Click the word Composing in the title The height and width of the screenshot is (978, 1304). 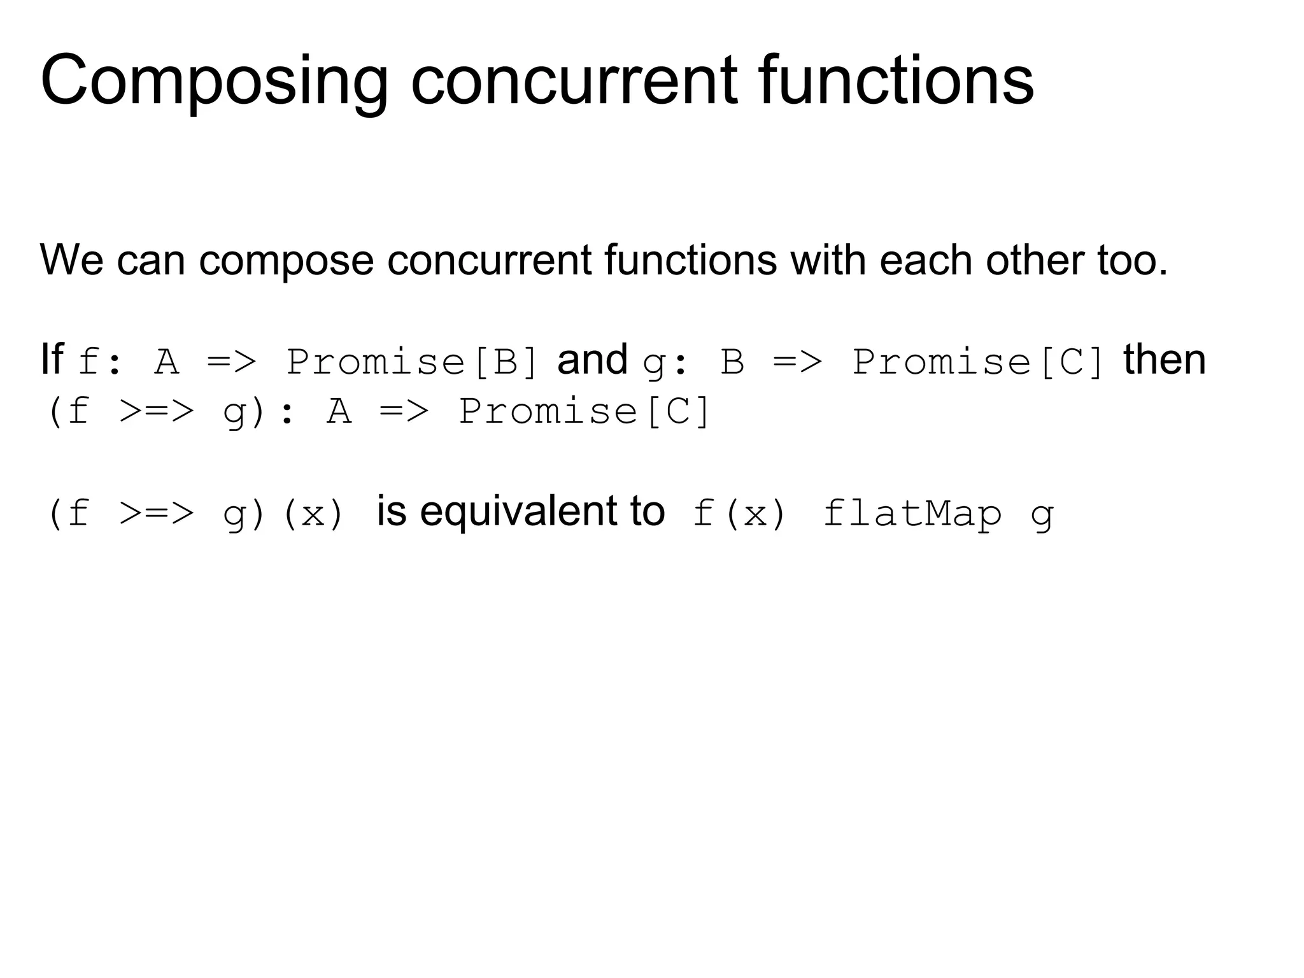[x=214, y=81]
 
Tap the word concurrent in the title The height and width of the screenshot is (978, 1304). [x=574, y=81]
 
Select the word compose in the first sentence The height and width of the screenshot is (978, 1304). [x=286, y=260]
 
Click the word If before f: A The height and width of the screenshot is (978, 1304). [x=52, y=360]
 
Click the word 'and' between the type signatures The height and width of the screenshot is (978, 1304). [x=592, y=360]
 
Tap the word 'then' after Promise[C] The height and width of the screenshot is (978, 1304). [x=1164, y=360]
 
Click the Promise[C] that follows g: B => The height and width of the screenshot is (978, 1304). [x=978, y=362]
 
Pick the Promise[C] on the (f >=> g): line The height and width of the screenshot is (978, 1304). [x=584, y=411]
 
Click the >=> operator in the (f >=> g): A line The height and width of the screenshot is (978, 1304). [x=156, y=411]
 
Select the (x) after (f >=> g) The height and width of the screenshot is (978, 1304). [x=312, y=514]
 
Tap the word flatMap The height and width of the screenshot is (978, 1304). [x=912, y=514]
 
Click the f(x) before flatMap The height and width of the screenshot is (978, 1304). [x=739, y=514]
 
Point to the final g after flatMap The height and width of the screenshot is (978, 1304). [x=1042, y=515]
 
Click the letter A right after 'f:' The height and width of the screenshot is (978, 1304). [x=167, y=362]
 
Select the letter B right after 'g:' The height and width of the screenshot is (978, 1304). [x=732, y=362]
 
